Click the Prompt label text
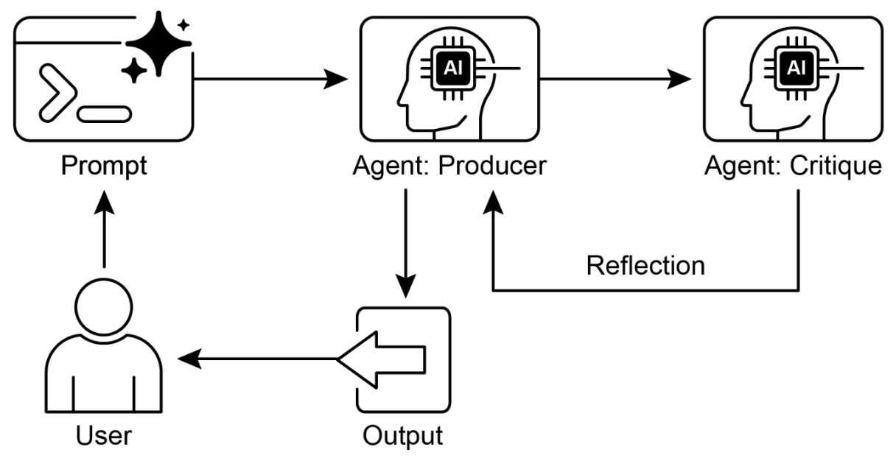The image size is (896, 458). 104,166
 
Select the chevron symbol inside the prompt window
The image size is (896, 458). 57,91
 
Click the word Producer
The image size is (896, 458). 493,166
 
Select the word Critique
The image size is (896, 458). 837,166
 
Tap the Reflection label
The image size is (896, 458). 645,265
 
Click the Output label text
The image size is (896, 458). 402,435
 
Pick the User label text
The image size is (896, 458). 104,435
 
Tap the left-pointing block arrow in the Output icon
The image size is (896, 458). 382,359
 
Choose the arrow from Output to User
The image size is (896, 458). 258,359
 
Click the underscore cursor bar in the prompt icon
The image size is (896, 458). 105,114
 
